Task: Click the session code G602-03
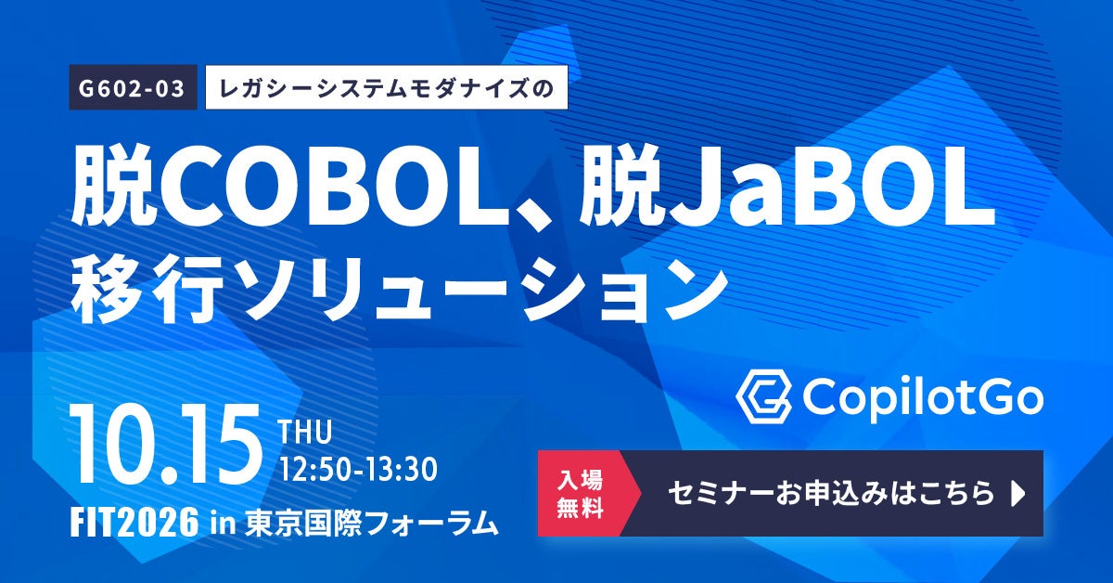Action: [133, 87]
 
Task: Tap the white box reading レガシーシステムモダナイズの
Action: [387, 87]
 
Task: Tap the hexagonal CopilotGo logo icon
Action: [763, 396]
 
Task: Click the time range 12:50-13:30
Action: [359, 469]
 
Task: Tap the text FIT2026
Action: [134, 524]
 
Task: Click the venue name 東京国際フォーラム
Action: [372, 524]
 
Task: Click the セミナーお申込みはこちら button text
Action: [830, 494]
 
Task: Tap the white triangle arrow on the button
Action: [1017, 494]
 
